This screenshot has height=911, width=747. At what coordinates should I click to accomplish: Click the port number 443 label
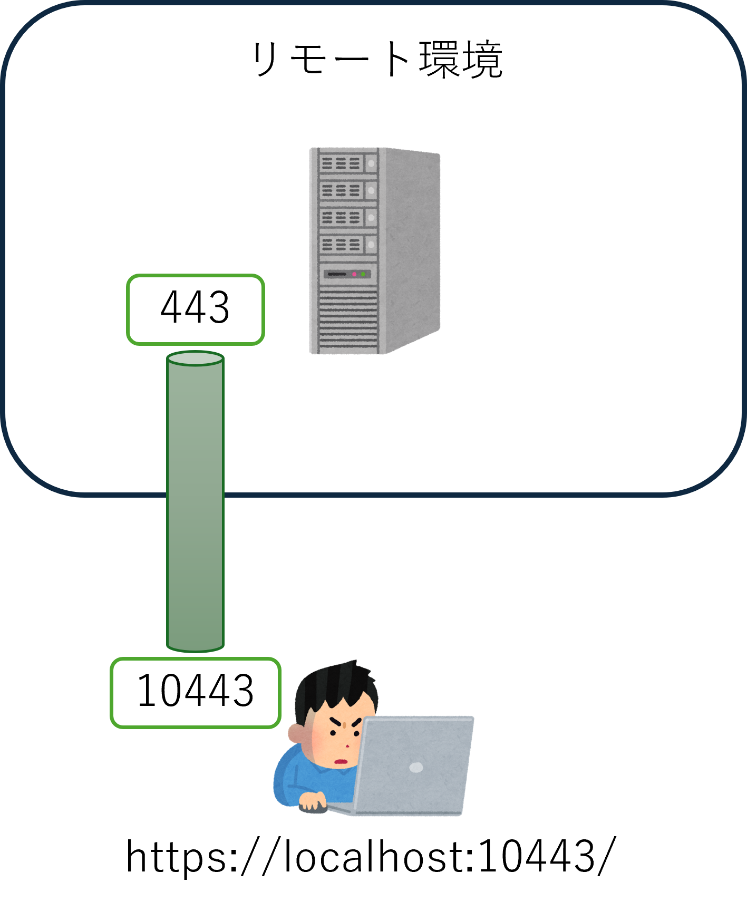click(x=195, y=309)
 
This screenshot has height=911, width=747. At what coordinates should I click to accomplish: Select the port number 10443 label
click(x=195, y=692)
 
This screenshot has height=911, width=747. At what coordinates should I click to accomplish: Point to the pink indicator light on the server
click(x=354, y=274)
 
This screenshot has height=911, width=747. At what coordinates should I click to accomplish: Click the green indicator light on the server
click(x=363, y=274)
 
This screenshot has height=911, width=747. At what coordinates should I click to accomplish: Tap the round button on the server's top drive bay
click(x=371, y=163)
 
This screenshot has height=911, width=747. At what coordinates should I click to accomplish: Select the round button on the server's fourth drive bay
click(x=371, y=245)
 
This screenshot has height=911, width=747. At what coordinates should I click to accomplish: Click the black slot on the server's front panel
click(x=337, y=274)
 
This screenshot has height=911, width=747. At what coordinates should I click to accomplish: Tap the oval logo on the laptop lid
click(x=416, y=768)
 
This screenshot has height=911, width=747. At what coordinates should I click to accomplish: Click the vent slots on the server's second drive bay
click(x=341, y=190)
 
